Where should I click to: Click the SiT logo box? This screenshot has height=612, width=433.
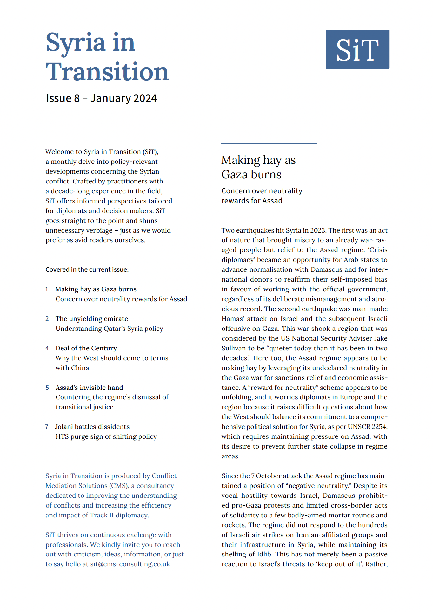click(357, 49)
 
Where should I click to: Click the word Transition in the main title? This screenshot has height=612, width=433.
click(107, 72)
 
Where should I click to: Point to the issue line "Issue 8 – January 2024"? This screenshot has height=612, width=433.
click(101, 98)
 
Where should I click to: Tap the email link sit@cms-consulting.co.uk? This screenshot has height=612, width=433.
click(130, 564)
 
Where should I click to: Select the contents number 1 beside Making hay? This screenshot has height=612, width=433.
click(47, 289)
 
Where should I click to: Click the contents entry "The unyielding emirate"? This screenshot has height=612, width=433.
click(92, 319)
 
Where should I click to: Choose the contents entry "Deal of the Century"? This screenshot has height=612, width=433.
click(86, 348)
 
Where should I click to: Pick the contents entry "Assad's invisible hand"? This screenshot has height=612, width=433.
click(89, 388)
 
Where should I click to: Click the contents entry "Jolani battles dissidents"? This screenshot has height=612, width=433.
click(92, 427)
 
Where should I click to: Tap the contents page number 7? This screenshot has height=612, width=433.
click(47, 427)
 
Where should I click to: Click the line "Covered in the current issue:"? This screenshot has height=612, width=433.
click(87, 269)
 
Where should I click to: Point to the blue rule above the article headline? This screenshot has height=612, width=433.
click(269, 144)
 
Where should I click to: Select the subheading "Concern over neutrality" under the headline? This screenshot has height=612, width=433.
click(262, 191)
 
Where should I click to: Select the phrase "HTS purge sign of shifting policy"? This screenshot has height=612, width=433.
click(106, 436)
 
